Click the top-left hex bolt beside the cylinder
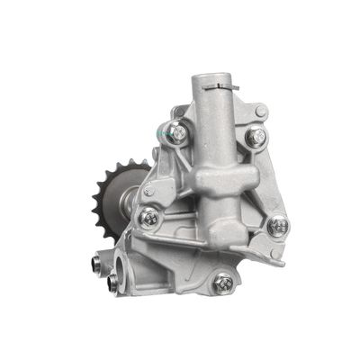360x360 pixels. [179, 134]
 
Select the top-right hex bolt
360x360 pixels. [255, 137]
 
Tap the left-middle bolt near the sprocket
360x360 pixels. [148, 217]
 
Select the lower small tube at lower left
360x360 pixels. [111, 283]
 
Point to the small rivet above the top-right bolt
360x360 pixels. [261, 111]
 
